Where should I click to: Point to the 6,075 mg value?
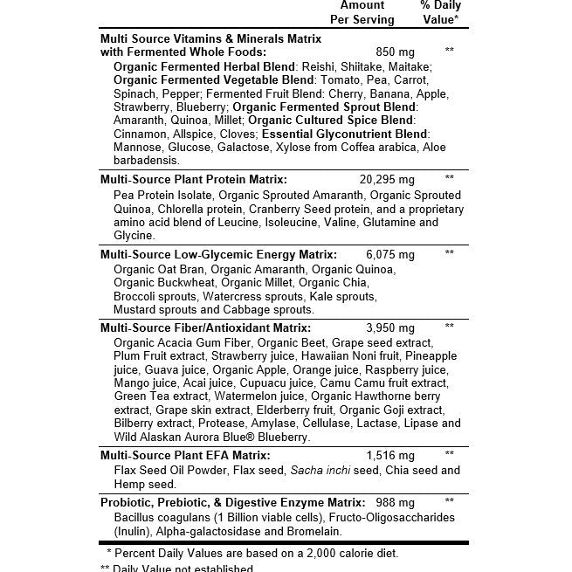[389, 254]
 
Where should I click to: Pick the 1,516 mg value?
[390, 455]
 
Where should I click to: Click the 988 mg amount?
[394, 502]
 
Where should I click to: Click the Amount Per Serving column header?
[362, 12]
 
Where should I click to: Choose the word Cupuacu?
[263, 383]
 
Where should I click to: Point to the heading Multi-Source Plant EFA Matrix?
[185, 455]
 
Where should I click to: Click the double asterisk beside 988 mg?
[449, 502]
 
